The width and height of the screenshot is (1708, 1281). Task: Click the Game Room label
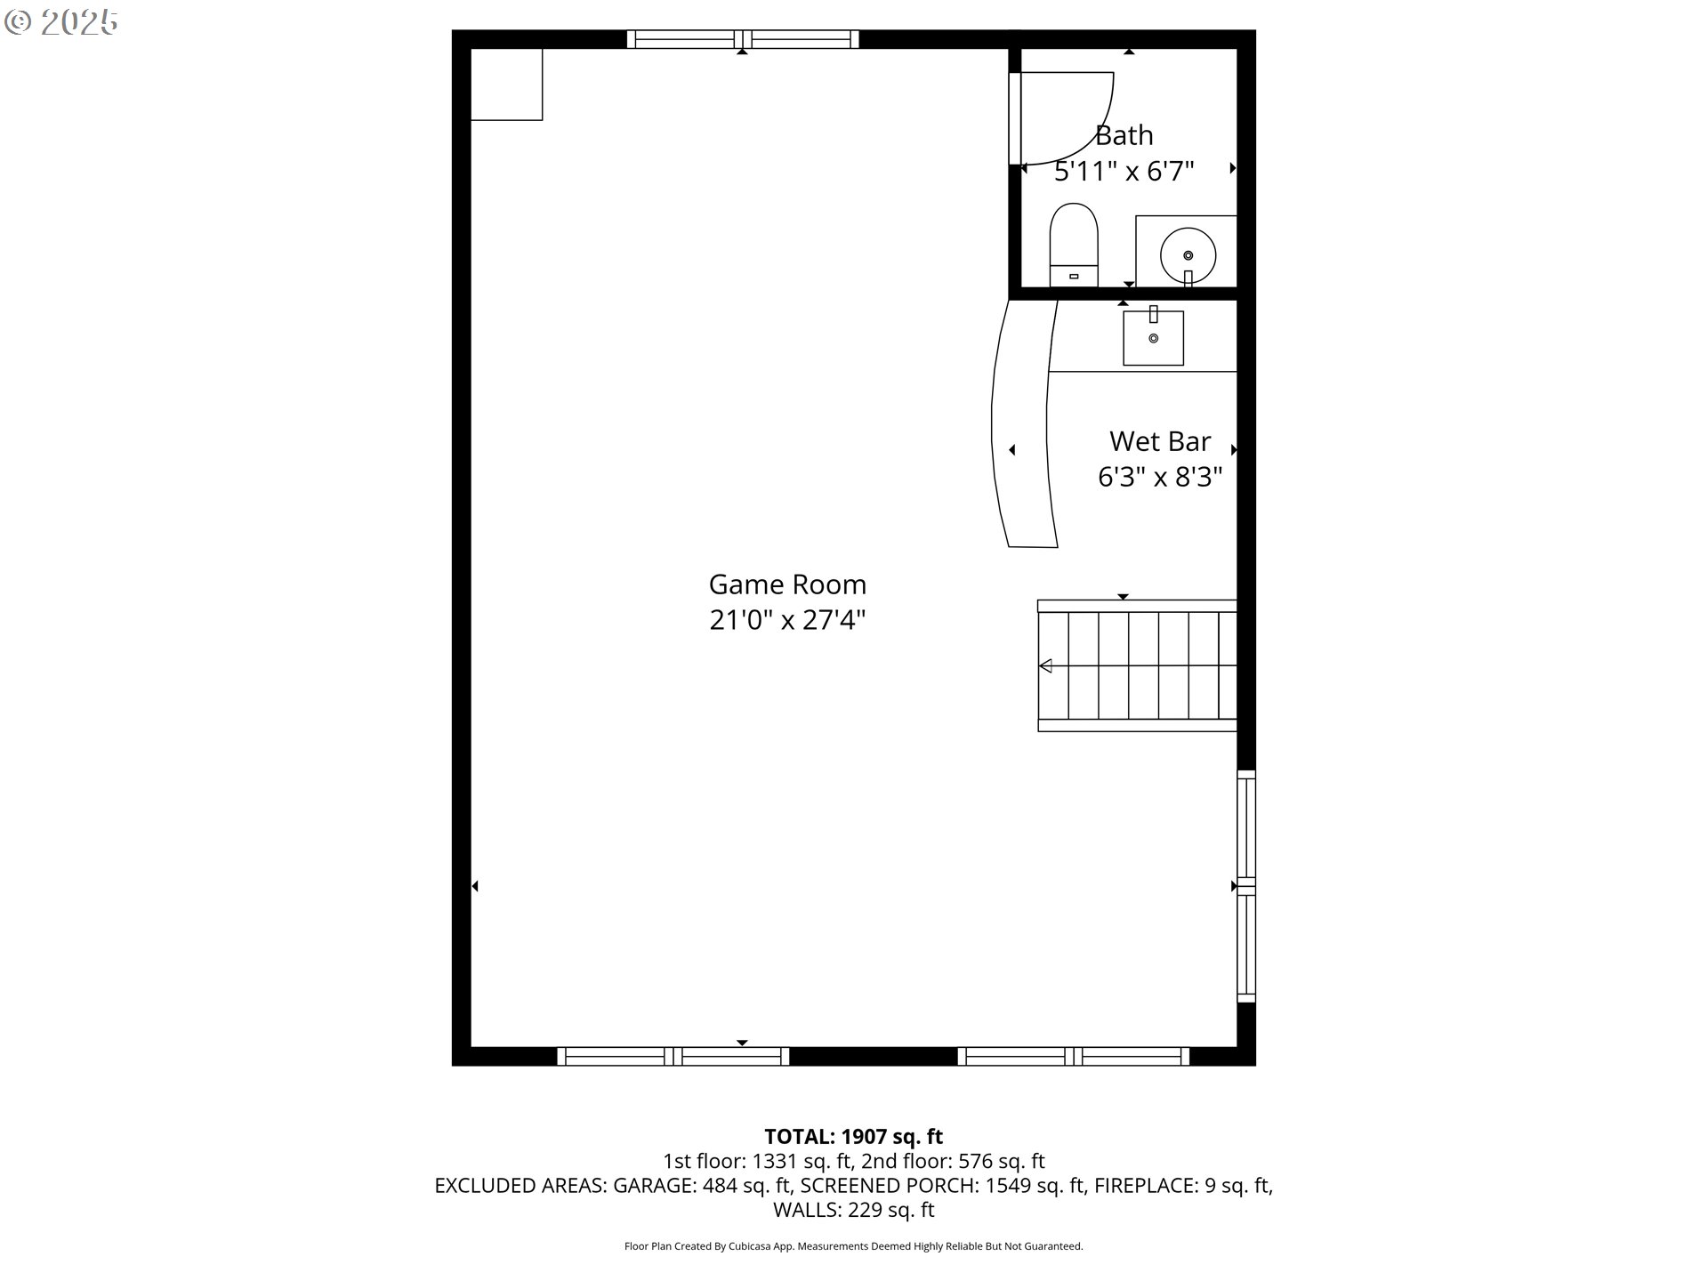click(x=787, y=584)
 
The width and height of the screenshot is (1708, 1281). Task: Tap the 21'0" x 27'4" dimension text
click(x=787, y=620)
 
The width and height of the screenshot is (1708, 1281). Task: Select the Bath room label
click(x=1124, y=135)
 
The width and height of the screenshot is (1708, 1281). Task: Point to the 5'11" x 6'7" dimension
click(x=1124, y=171)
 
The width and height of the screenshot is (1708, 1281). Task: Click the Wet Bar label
click(x=1160, y=441)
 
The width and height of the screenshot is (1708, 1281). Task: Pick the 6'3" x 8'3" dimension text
click(x=1160, y=478)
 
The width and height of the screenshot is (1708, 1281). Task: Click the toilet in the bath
click(x=1074, y=245)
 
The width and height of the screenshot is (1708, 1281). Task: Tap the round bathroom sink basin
click(x=1188, y=254)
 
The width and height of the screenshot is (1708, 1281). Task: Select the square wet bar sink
click(x=1153, y=337)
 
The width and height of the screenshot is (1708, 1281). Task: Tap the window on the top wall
click(x=743, y=39)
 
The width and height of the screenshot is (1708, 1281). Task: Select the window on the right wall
click(x=1246, y=886)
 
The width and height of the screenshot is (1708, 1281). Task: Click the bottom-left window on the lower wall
click(x=673, y=1056)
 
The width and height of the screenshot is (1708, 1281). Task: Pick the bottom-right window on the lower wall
click(x=1074, y=1056)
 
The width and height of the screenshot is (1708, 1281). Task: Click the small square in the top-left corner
click(x=506, y=85)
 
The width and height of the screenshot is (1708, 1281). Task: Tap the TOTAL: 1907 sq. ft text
click(x=854, y=1137)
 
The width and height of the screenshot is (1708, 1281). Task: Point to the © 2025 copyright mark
click(x=60, y=22)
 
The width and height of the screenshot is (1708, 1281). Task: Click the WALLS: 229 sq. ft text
click(x=854, y=1210)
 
